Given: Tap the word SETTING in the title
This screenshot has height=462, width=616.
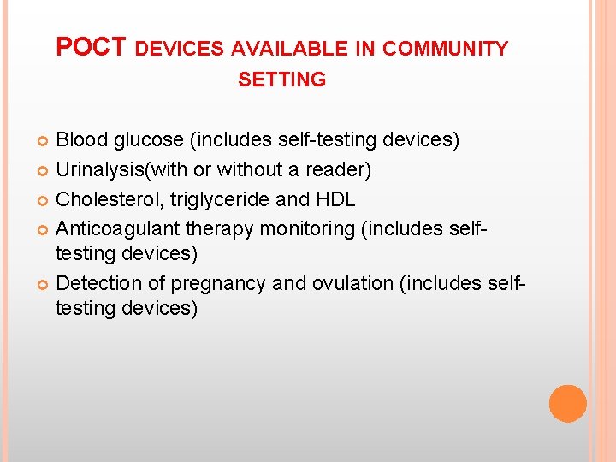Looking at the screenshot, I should point(281,80).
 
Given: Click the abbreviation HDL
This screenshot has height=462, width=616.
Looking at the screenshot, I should point(335,199).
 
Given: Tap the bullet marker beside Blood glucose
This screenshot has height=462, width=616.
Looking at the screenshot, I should point(44,140).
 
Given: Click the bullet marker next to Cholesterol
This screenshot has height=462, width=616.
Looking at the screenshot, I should point(44,200).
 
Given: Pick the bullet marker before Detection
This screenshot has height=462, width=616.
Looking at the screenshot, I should point(44,284).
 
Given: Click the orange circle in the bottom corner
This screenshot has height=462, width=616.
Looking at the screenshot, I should point(567,403).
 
